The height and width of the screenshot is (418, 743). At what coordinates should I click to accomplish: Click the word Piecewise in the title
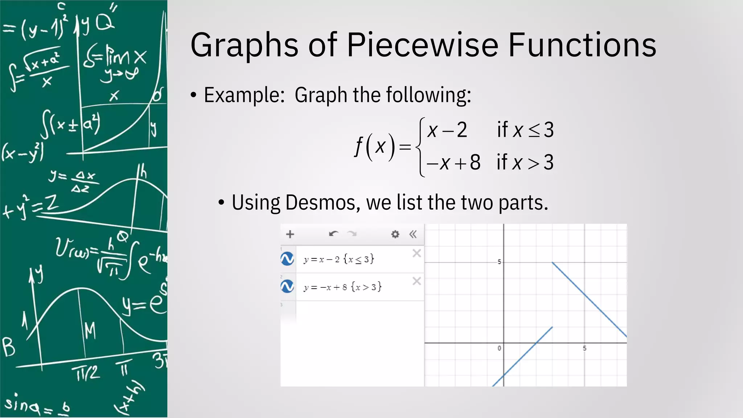[423, 45]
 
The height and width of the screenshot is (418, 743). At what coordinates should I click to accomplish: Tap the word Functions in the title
[582, 45]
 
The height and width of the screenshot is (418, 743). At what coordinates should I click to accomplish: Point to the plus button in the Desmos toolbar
[290, 234]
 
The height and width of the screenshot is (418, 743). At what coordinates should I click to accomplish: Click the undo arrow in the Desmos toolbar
[333, 234]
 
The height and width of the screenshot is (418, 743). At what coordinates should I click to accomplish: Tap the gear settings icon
[395, 234]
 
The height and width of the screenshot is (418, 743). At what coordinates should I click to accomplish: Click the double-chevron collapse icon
[413, 234]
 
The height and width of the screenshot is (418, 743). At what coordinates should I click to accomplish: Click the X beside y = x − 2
[416, 253]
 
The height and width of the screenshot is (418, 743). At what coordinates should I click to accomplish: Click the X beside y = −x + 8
[416, 281]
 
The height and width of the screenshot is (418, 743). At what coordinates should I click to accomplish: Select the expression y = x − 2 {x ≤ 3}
[339, 259]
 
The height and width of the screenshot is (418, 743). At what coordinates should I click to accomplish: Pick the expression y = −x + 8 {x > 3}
[342, 287]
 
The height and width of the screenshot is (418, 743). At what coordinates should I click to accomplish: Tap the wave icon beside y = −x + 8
[287, 287]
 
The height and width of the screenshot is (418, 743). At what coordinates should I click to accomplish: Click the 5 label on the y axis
[499, 262]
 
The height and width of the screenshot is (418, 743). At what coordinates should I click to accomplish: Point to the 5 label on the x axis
[584, 348]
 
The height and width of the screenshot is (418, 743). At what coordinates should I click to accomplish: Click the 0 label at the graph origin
[499, 348]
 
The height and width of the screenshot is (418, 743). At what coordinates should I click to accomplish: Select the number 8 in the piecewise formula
[475, 162]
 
